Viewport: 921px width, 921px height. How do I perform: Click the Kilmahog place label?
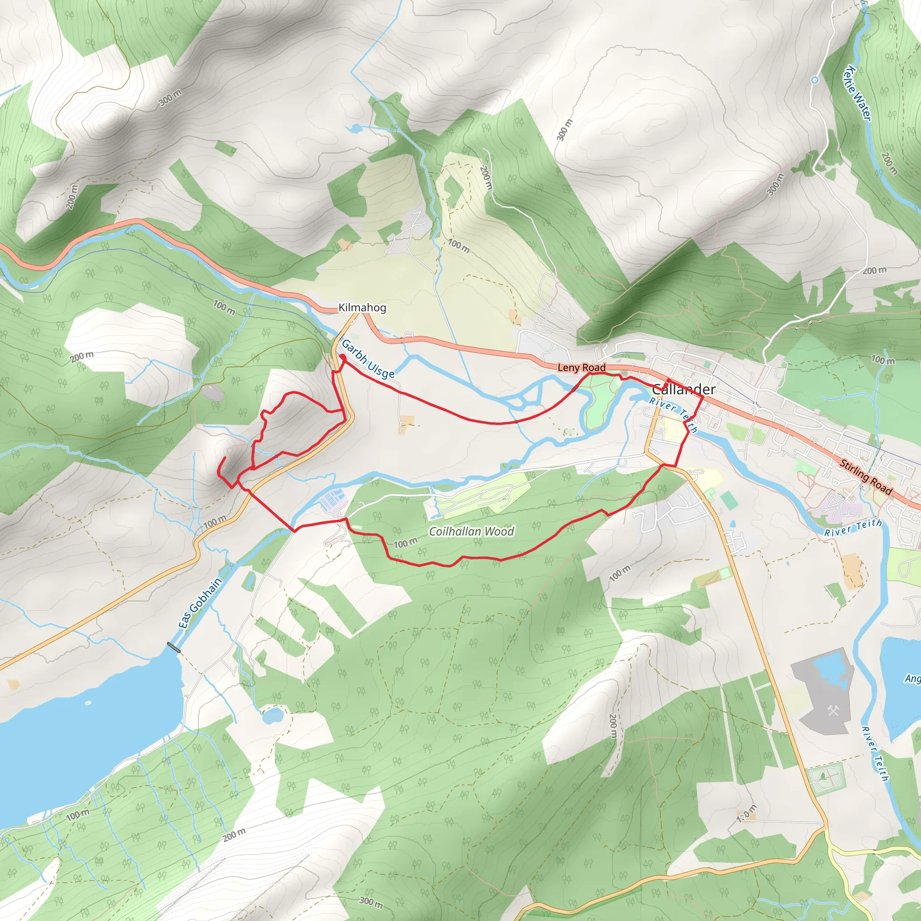362,308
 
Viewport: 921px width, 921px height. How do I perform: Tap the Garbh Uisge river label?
368,359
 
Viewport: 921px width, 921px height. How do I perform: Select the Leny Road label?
581,367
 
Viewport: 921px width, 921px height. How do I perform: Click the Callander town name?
683,389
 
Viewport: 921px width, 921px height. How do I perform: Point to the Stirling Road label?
865,477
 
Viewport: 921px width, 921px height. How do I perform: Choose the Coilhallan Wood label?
471,531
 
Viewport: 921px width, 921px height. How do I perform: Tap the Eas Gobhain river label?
200,603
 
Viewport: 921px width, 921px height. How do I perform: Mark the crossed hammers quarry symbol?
833,712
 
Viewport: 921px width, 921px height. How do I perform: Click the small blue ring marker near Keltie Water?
815,80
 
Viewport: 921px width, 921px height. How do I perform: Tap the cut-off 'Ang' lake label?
912,678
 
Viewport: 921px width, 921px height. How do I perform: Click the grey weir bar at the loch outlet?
174,648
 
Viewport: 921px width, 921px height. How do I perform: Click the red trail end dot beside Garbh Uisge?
342,357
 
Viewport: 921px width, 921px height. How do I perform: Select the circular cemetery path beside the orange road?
825,778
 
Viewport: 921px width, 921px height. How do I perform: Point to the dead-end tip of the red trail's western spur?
225,458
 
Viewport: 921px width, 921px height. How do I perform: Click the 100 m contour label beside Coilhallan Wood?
405,542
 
